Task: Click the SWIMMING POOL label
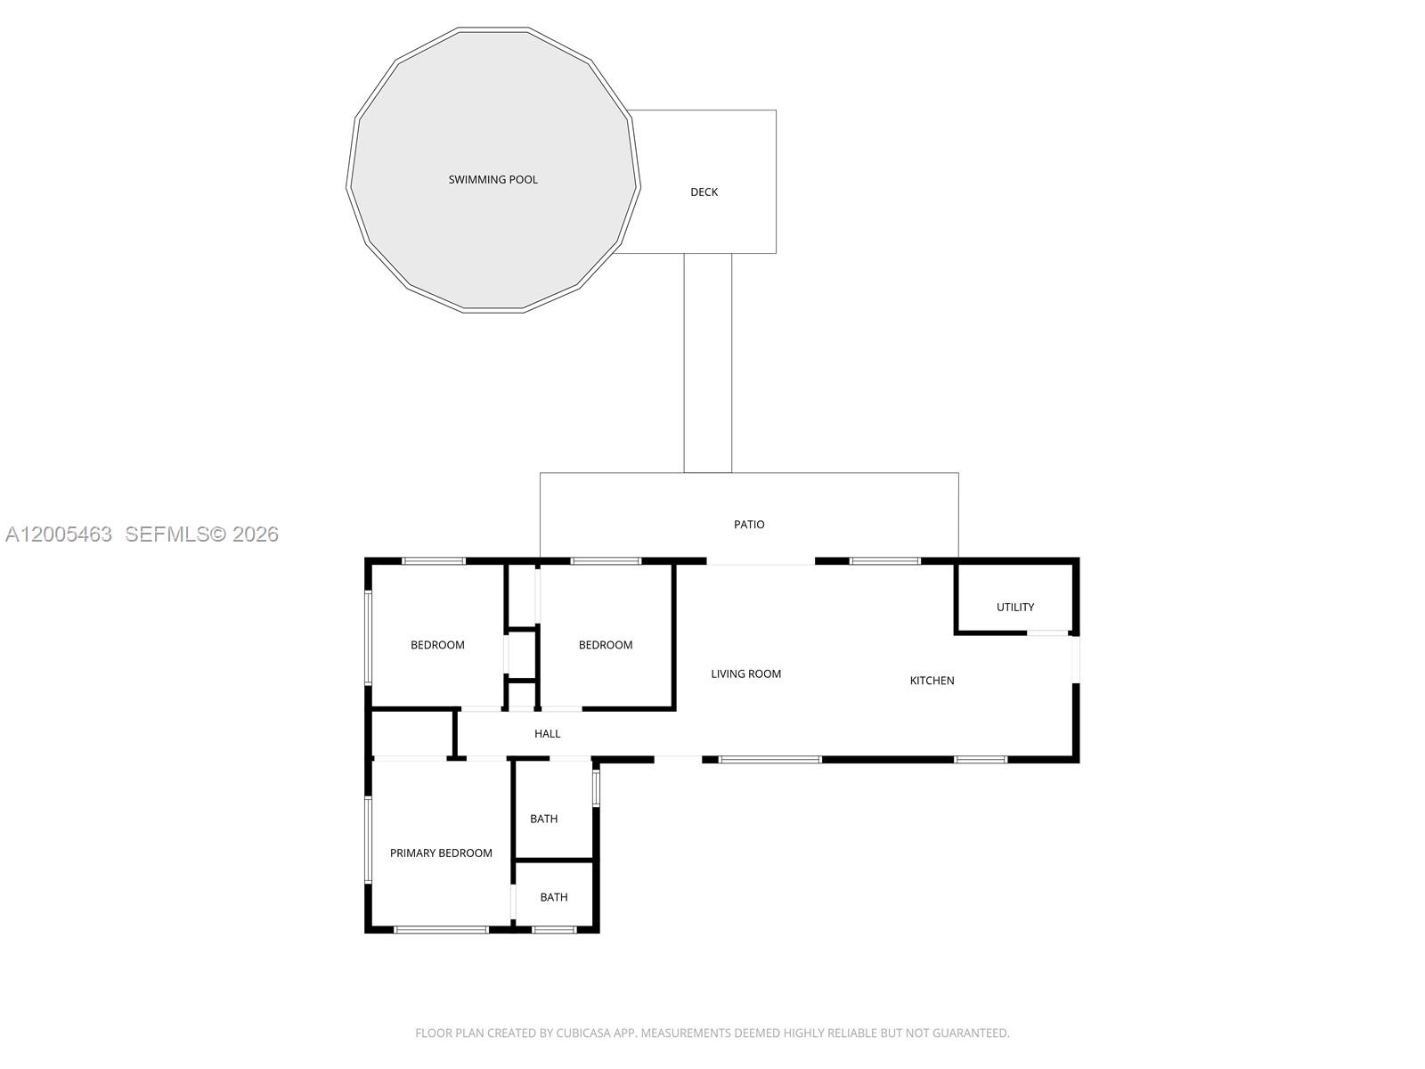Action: (x=493, y=180)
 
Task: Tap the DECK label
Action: (x=704, y=192)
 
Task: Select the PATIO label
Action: (x=749, y=525)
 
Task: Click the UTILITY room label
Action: (x=1015, y=608)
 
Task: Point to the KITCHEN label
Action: (x=932, y=681)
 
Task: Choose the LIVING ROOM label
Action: (x=745, y=674)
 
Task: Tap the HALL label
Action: (x=547, y=734)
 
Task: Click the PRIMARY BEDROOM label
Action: (x=441, y=853)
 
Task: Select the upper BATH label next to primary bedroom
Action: (x=543, y=819)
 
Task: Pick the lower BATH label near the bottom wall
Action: (x=553, y=897)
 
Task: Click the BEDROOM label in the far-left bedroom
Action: (x=437, y=645)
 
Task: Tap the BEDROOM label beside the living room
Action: (x=606, y=645)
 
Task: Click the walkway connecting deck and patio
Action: (x=708, y=363)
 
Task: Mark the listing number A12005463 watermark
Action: (x=59, y=534)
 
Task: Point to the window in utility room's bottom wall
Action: (x=1047, y=633)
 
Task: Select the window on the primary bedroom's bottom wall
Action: (x=441, y=930)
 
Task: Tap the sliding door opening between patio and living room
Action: (x=761, y=562)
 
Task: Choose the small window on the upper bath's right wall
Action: (x=597, y=787)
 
